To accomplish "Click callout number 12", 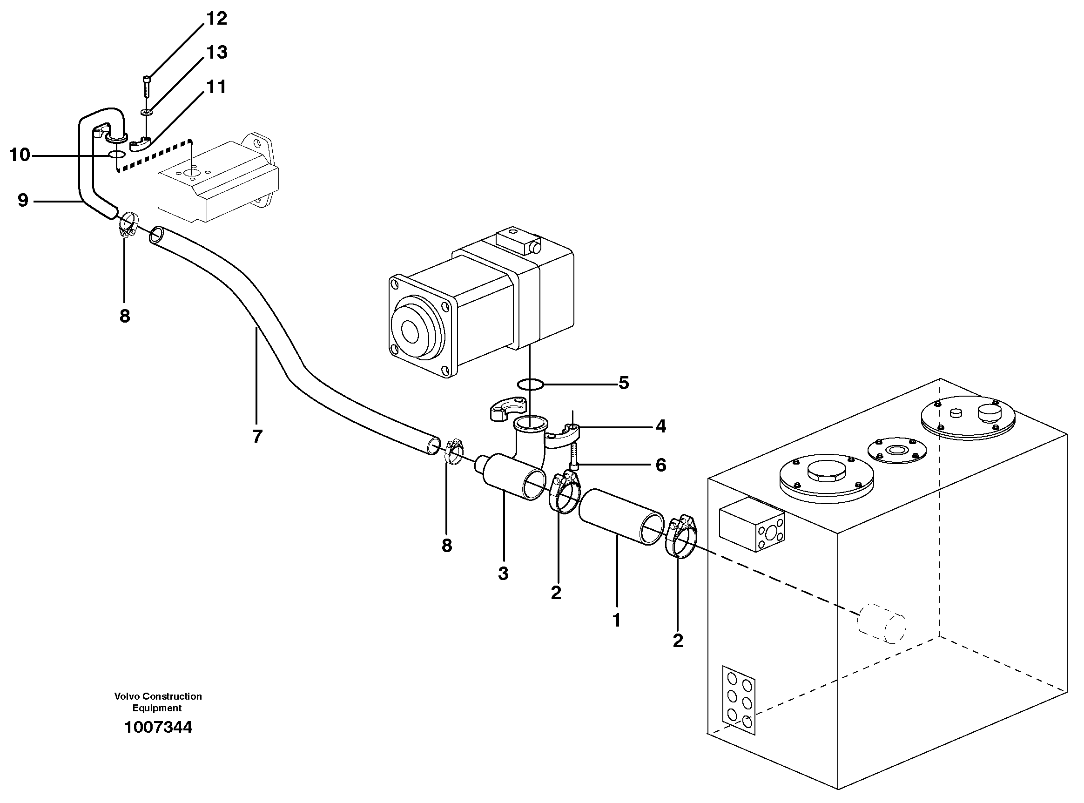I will pos(217,19).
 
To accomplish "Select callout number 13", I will pos(217,52).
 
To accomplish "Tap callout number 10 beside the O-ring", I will pos(20,155).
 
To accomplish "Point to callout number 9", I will pos(22,200).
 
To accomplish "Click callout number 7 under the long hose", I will pos(257,436).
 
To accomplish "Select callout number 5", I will pos(623,383).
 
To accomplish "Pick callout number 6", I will pos(660,465).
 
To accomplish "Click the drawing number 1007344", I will pos(158,727).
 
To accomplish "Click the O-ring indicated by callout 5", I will pos(530,385).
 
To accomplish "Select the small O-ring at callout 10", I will pos(117,155).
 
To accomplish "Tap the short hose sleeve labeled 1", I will pos(620,517).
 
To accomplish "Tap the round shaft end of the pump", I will pos(410,332).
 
